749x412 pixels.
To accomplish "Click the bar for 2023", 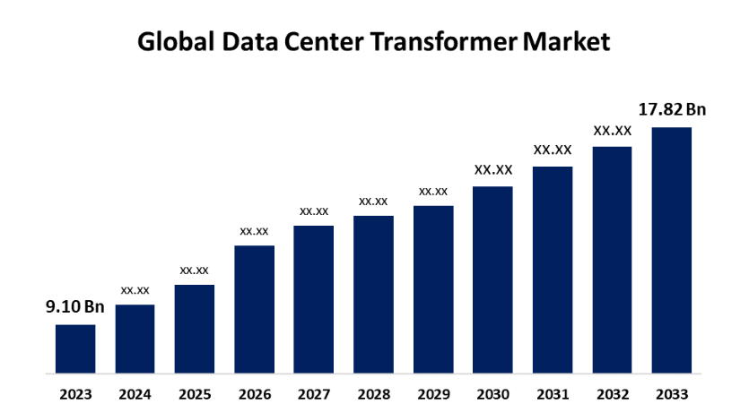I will coord(75,348).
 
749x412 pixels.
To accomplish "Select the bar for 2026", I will coord(254,309).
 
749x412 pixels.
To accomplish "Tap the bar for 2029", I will coord(433,289).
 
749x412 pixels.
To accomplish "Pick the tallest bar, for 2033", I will coord(672,250).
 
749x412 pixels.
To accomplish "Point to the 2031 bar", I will coord(553,270).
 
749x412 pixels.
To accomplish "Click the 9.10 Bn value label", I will coord(75,307).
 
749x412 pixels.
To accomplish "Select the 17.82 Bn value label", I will coord(672,109).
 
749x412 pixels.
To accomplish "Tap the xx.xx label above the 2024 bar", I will coord(135,290).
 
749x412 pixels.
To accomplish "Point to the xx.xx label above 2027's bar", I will coord(314,211).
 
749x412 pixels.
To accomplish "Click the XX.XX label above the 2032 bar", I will coord(612,131).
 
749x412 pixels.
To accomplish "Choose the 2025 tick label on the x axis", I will coord(195,393).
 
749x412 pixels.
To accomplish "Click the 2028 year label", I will coord(373,393).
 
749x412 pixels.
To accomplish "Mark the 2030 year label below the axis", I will coord(492,393).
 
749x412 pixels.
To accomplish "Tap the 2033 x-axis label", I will coord(672,393).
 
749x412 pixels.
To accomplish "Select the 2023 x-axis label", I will coord(75,393).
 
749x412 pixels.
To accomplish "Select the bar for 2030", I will coord(492,279).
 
